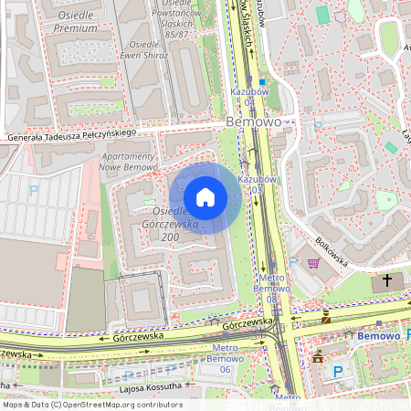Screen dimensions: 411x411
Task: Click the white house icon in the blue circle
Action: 205,197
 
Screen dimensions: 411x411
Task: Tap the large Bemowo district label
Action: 254,121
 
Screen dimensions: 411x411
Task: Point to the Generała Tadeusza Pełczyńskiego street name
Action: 71,135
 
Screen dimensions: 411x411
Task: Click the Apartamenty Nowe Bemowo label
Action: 125,161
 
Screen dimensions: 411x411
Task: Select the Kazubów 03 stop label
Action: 257,184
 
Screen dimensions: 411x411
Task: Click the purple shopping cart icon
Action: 314,264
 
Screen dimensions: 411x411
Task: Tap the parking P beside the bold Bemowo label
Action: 318,128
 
